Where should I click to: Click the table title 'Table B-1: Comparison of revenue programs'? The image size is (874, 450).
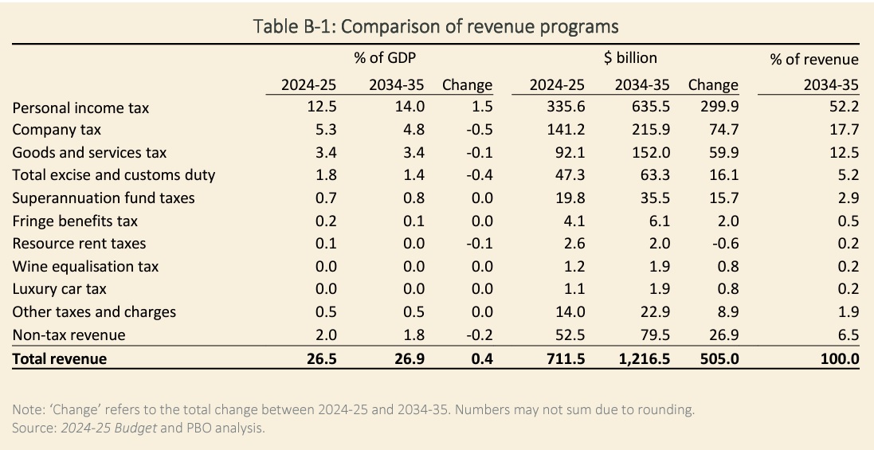pyautogui.click(x=436, y=26)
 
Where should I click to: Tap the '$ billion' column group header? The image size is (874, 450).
pyautogui.click(x=630, y=57)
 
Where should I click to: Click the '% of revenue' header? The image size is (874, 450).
pyautogui.click(x=814, y=59)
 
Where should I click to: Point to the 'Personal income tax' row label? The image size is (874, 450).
pyautogui.click(x=80, y=108)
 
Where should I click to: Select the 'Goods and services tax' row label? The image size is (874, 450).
pyautogui.click(x=90, y=152)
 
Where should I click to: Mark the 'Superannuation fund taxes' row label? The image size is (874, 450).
pyautogui.click(x=104, y=198)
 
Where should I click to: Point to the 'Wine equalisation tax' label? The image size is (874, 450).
pyautogui.click(x=86, y=267)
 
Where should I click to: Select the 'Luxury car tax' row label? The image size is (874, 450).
pyautogui.click(x=60, y=290)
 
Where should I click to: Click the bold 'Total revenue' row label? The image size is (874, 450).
pyautogui.click(x=60, y=359)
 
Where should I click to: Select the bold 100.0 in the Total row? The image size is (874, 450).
pyautogui.click(x=841, y=359)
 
